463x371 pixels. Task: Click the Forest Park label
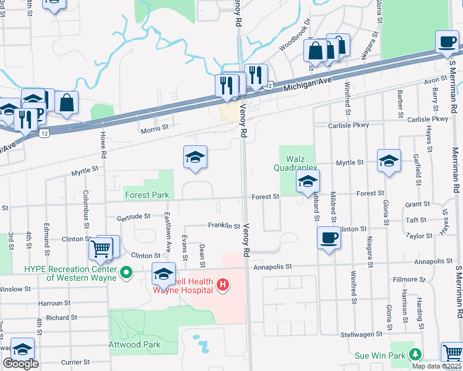[x=147, y=195]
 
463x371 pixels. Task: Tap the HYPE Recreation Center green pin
[x=127, y=272]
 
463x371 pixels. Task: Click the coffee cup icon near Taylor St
[x=328, y=238]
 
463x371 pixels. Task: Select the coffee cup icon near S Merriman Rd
[x=447, y=42]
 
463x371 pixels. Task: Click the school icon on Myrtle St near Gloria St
[x=389, y=161]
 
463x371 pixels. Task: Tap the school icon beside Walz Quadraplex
[x=308, y=182]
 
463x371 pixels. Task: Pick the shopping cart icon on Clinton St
[x=100, y=249]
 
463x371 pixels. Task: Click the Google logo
[x=20, y=364]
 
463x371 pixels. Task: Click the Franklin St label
[x=223, y=226]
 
